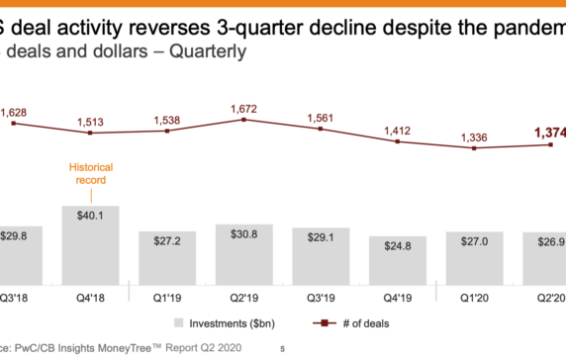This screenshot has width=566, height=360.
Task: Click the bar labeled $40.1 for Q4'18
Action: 91,247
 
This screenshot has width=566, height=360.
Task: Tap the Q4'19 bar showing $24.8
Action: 398,262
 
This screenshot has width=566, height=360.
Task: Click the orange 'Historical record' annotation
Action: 91,174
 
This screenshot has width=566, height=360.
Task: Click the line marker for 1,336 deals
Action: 475,148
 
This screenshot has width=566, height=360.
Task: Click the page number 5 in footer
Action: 282,348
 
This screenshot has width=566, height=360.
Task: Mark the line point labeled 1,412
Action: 398,141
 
